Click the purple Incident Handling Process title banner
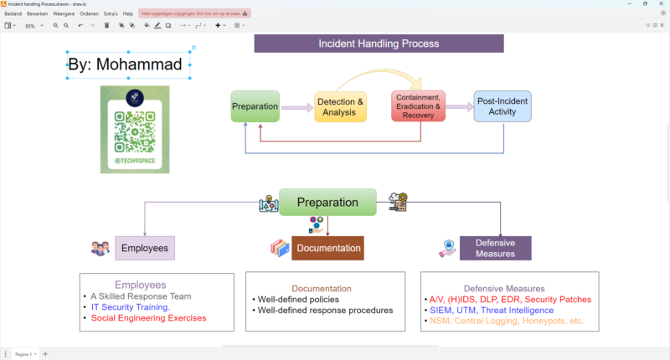379,44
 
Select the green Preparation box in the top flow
255,106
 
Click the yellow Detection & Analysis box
341,106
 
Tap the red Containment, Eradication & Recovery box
418,106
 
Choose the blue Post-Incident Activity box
502,106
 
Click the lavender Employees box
145,248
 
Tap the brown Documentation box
327,248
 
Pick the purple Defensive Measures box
495,248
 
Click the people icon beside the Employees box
100,248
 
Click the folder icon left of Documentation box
279,248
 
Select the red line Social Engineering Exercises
148,318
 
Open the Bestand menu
13,13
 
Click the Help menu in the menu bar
127,13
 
